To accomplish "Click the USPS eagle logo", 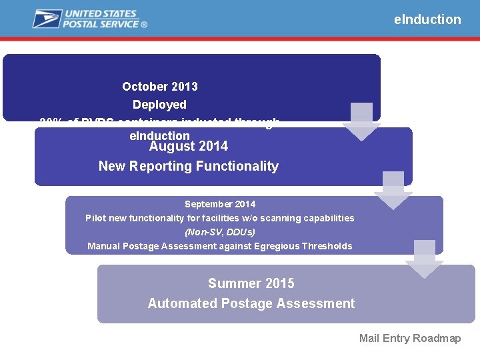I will (x=47, y=19).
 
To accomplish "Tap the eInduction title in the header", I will (x=427, y=19).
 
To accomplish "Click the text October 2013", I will (x=160, y=87).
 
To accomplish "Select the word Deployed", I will (x=159, y=105).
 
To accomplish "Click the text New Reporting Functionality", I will (x=189, y=166).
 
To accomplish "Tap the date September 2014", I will (x=220, y=204).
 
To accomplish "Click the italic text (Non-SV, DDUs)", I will (x=220, y=232).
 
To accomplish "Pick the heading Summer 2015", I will (x=251, y=283).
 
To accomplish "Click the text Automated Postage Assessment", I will (x=251, y=303).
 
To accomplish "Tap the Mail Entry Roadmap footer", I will (x=410, y=338).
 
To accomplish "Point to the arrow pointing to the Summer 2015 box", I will (x=424, y=259).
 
